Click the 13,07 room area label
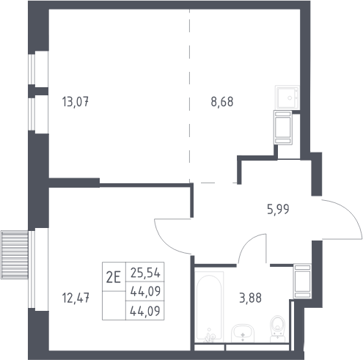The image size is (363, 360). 76,102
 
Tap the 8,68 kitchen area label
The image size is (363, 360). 222,102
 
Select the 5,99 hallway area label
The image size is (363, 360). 278,210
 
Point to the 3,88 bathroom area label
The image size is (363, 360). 250,298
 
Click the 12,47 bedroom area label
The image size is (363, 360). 76,298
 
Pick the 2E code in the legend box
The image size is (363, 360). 114,278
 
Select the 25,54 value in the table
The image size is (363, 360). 145,273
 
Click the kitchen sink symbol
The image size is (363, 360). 287,98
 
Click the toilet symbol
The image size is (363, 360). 278,328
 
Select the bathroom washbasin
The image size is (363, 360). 243,333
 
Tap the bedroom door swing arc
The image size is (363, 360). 164,243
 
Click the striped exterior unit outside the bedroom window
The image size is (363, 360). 15,254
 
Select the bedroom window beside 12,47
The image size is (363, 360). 32,269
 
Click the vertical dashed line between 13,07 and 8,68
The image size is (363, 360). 189,96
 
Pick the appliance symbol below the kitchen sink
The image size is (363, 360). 283,128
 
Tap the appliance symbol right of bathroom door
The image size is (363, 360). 302,281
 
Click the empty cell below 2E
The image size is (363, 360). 114,306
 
